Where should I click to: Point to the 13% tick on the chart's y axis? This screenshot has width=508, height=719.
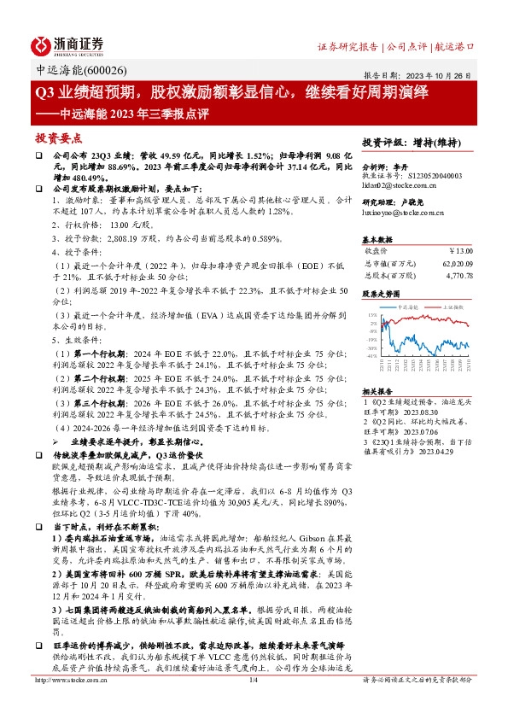[373, 316]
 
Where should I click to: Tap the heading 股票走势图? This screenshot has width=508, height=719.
[382, 293]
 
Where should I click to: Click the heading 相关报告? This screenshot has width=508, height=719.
[378, 389]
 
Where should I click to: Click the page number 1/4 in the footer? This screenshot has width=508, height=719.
[254, 704]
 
